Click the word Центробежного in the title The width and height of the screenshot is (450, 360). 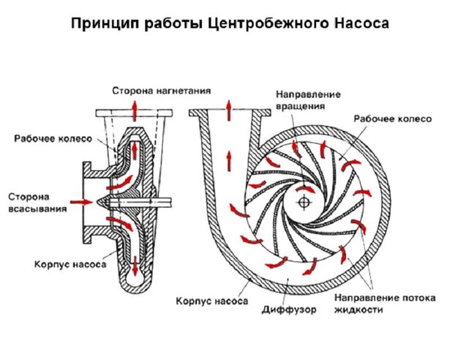coord(268,23)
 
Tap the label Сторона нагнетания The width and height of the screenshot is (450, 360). coord(161,91)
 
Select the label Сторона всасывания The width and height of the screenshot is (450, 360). coord(37,203)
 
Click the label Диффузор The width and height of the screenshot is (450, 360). coord(289,310)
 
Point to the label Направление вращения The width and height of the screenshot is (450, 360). coord(308,100)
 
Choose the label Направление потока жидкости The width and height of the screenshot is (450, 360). coord(385,304)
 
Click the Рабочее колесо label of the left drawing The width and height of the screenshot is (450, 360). coord(53,139)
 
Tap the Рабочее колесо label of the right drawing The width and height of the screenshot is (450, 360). coord(393,119)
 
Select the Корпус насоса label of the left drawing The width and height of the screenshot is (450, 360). coord(70,264)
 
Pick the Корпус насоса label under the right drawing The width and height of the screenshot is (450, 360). coord(211,301)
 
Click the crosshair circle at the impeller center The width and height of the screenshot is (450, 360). coord(304,203)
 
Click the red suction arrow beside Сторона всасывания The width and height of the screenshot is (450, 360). coord(81,202)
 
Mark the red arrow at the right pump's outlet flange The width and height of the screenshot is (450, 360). coord(229,110)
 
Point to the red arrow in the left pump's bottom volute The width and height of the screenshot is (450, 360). coord(135,266)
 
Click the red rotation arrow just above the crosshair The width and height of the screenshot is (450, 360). coord(305,189)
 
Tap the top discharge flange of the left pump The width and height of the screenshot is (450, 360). coord(134,113)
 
